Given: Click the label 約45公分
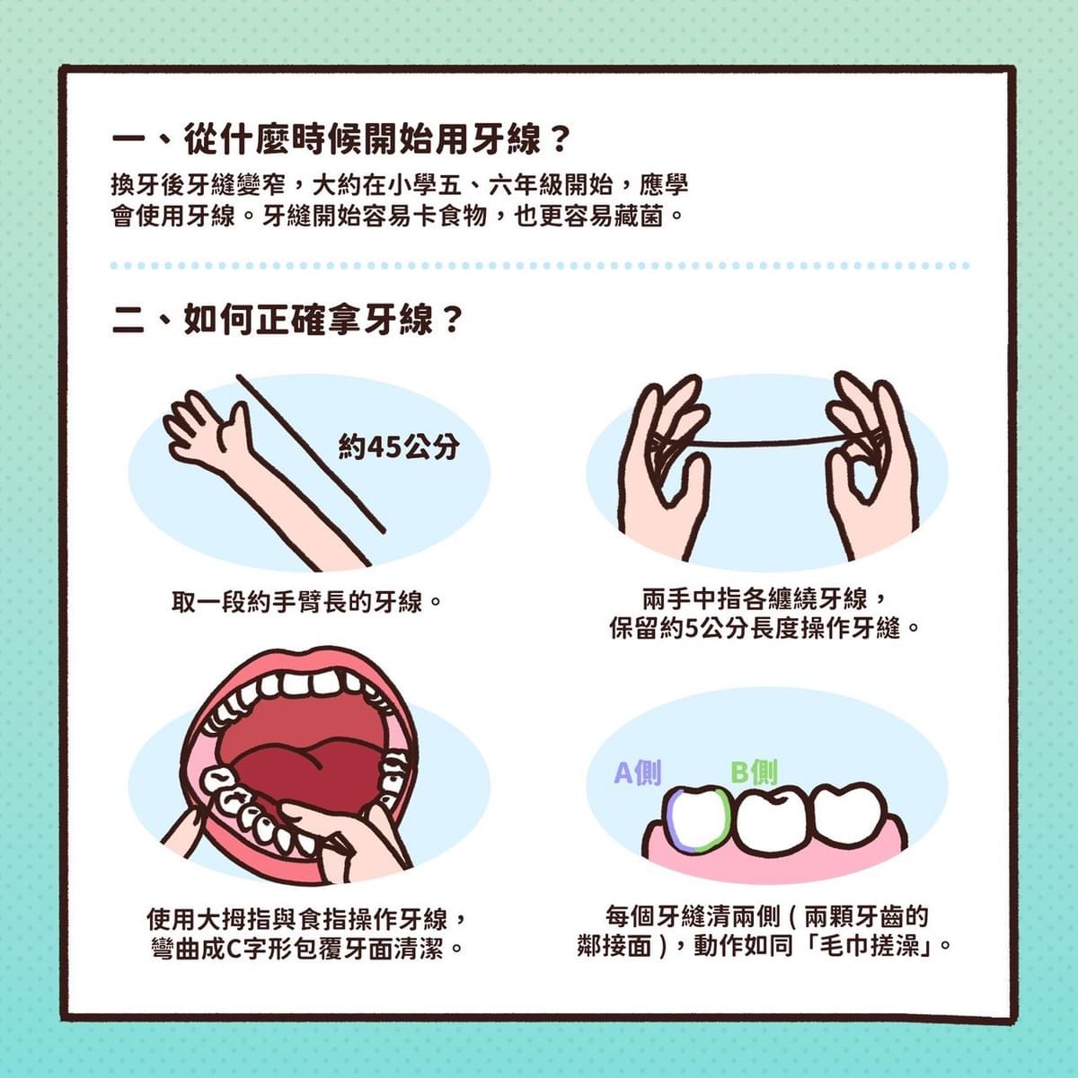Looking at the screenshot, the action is coord(400,447).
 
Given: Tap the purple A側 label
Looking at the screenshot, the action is coord(638,773).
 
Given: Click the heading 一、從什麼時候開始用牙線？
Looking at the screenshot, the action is coord(340,140).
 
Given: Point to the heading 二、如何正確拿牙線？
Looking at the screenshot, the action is coord(287,320).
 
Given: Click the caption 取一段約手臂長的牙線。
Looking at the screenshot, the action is coord(306,603).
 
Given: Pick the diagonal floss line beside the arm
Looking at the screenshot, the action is coord(311,453).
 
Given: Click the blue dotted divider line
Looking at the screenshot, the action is coord(539,266).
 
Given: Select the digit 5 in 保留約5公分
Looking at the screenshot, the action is coord(692,630).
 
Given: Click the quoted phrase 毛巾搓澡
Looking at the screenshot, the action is coord(870,946).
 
